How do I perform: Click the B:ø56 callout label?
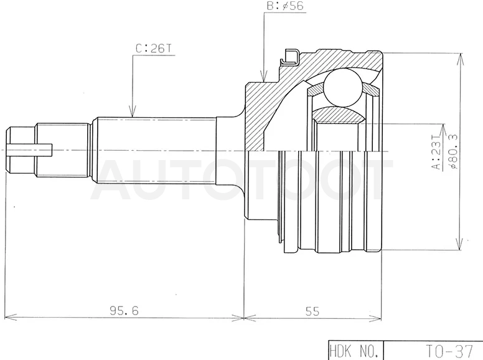click(284, 6)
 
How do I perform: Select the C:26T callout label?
click(153, 49)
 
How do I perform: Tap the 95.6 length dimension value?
click(124, 311)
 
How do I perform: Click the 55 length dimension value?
click(312, 311)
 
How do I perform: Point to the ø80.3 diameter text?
click(453, 151)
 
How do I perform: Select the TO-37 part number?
click(449, 351)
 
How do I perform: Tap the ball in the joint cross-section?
click(342, 87)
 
